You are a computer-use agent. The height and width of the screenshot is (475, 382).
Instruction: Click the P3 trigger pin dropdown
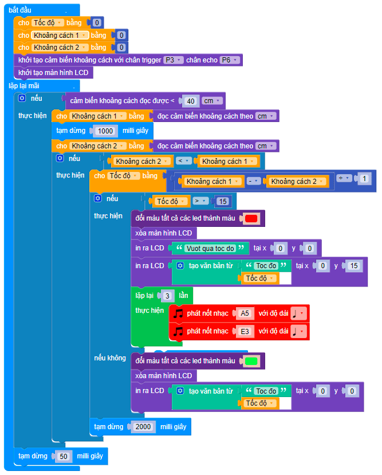[x=172, y=60]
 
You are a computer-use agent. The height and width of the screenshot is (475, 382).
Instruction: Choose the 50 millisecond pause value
[x=64, y=456]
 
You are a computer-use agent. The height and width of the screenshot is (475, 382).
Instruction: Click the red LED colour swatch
[x=251, y=218]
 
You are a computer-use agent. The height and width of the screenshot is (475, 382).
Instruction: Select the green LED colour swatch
[x=251, y=361]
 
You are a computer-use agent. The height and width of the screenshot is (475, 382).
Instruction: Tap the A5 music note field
[x=245, y=313]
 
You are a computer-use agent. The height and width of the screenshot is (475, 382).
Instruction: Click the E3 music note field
[x=245, y=331]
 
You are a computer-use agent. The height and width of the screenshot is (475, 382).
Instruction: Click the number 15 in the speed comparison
[x=223, y=201]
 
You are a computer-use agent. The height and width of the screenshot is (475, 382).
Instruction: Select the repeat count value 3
[x=167, y=296]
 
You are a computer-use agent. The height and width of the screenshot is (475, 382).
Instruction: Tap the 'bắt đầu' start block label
[x=21, y=10]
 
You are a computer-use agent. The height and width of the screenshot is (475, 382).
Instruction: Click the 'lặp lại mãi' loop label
[x=24, y=85]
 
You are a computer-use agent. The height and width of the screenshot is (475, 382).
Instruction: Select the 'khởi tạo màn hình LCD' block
[x=53, y=73]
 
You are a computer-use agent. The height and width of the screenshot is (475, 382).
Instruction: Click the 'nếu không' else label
[x=110, y=358]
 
